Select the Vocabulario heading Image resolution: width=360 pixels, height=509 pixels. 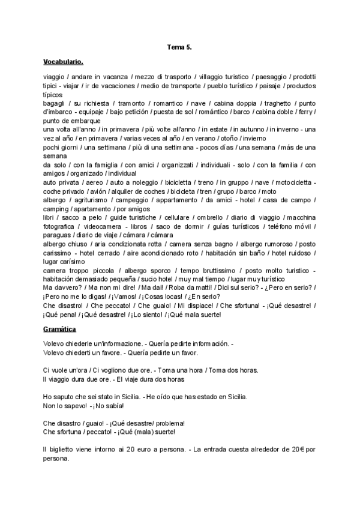(63, 61)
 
